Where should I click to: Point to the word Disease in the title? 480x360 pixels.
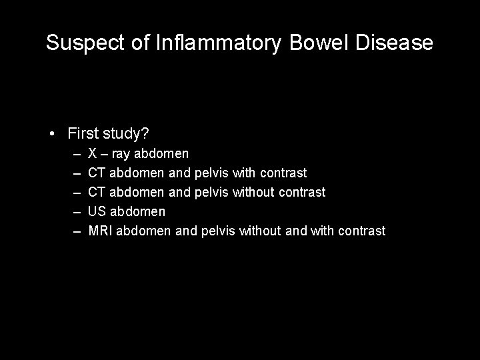pyautogui.click(x=396, y=43)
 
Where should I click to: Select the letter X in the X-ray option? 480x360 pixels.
pyautogui.click(x=93, y=154)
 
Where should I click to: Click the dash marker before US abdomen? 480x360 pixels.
pyautogui.click(x=77, y=211)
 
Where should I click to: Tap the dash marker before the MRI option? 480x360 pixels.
pyautogui.click(x=77, y=231)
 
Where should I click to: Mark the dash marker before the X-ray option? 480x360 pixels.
pyautogui.click(x=77, y=154)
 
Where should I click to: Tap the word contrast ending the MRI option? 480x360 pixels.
pyautogui.click(x=361, y=231)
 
